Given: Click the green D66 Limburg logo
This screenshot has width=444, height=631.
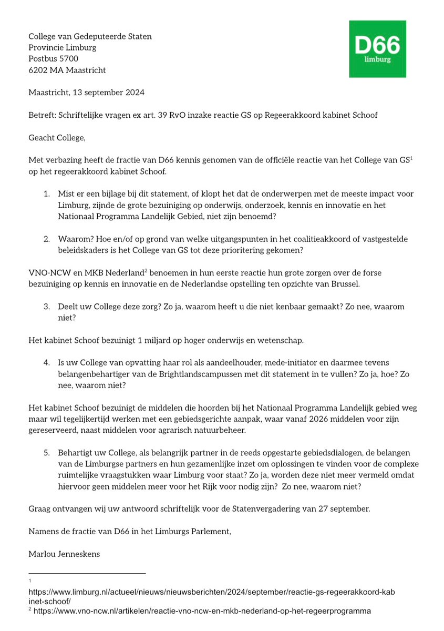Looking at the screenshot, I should click(378, 49).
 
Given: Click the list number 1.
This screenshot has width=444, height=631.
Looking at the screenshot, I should click(46, 195).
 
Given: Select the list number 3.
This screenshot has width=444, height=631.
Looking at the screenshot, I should click(46, 306).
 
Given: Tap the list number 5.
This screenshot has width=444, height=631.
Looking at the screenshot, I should click(46, 453).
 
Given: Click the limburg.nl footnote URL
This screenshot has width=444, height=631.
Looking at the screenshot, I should click(210, 596).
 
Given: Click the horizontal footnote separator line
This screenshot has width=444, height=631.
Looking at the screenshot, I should click(87, 573).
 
